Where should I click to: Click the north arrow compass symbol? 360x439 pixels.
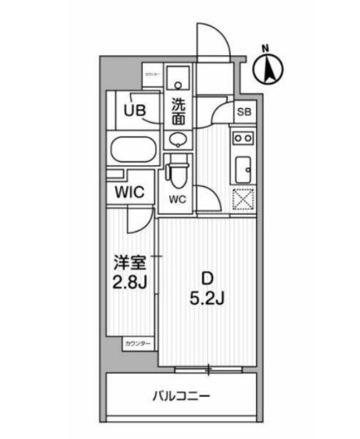[267, 67]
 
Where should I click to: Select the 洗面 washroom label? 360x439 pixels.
[179, 111]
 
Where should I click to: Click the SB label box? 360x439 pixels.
[243, 112]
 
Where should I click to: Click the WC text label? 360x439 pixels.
[177, 199]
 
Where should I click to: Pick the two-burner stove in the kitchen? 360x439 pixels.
[243, 137]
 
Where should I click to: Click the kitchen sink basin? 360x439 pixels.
[243, 169]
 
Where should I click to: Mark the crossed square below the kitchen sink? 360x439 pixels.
[243, 199]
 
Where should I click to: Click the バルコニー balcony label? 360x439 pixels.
[183, 398]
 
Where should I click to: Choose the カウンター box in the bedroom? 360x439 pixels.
[137, 345]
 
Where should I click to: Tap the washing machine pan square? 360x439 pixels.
[180, 79]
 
